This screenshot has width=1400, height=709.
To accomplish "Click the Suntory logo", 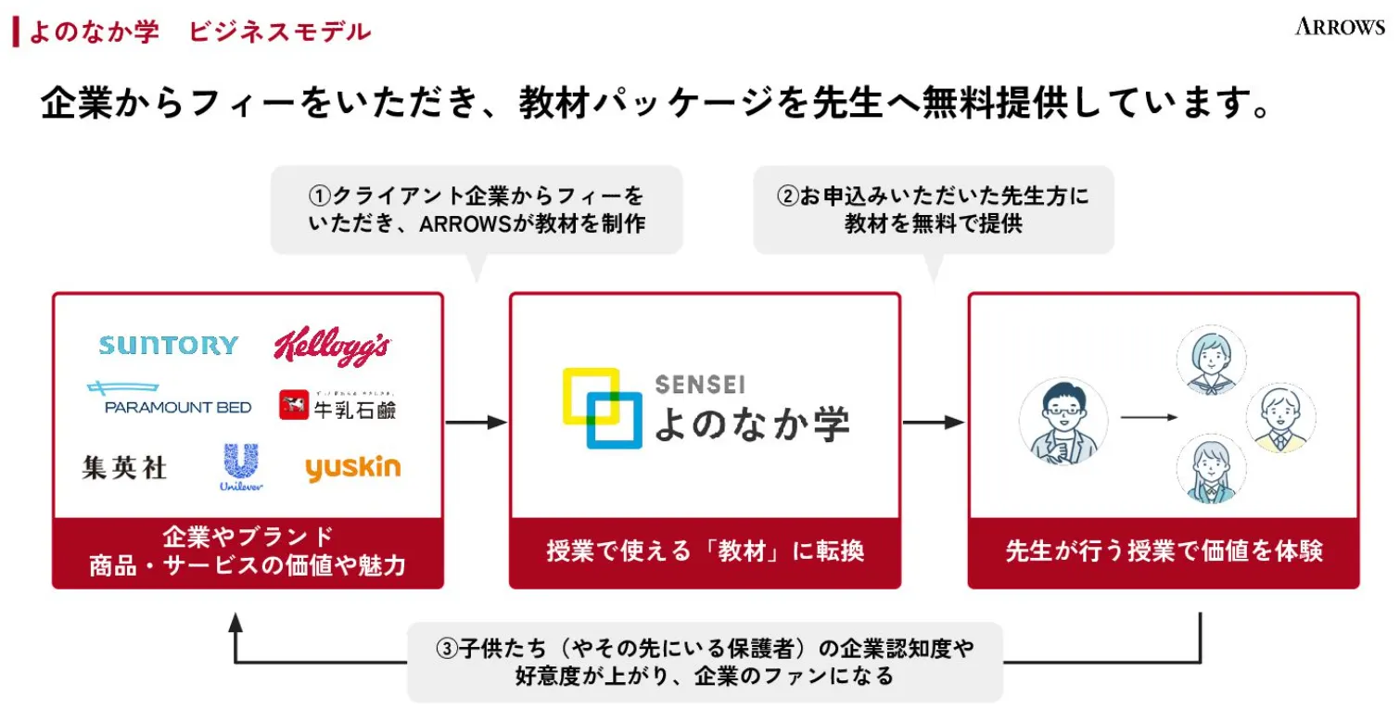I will pyautogui.click(x=168, y=346).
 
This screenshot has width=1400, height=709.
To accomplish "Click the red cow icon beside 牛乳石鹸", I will pyautogui.click(x=293, y=406).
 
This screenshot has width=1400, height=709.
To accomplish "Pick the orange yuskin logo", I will pyautogui.click(x=352, y=468).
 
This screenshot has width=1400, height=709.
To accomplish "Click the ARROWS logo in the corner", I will pyautogui.click(x=1340, y=27).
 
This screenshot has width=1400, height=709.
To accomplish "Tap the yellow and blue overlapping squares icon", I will pyautogui.click(x=602, y=408).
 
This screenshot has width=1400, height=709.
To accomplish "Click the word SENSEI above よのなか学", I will pyautogui.click(x=699, y=384).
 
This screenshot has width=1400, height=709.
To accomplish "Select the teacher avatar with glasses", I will pyautogui.click(x=1063, y=422).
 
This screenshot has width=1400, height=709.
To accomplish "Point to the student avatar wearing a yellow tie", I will pyautogui.click(x=1280, y=418).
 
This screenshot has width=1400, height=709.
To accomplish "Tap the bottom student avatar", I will pyautogui.click(x=1211, y=469).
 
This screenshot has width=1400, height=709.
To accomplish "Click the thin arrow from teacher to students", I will pyautogui.click(x=1149, y=418).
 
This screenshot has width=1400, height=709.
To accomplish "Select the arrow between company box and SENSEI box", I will pyautogui.click(x=477, y=423).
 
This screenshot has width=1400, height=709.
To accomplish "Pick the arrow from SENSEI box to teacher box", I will pyautogui.click(x=934, y=423).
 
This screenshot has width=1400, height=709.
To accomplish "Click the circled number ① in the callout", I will pyautogui.click(x=319, y=196).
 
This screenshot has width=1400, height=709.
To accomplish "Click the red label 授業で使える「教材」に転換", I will pyautogui.click(x=705, y=552).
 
